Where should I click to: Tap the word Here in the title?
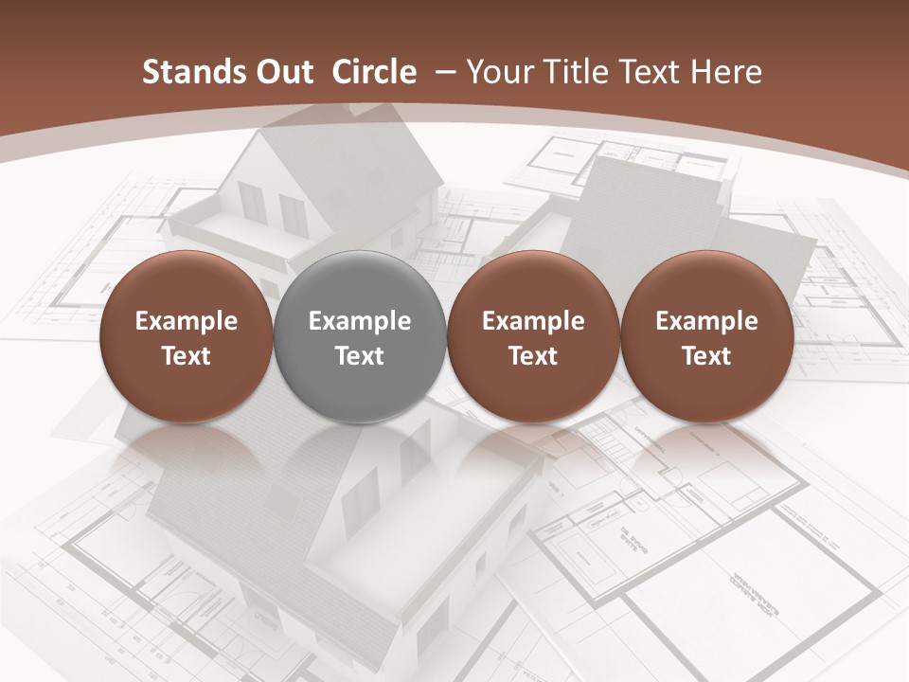(724, 72)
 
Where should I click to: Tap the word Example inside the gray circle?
(360, 321)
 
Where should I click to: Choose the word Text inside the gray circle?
(360, 356)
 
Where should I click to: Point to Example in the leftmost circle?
(186, 321)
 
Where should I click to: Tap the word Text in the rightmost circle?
(707, 356)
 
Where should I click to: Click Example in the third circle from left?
(533, 321)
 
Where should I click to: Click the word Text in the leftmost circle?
(186, 356)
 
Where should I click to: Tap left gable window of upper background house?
(252, 202)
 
